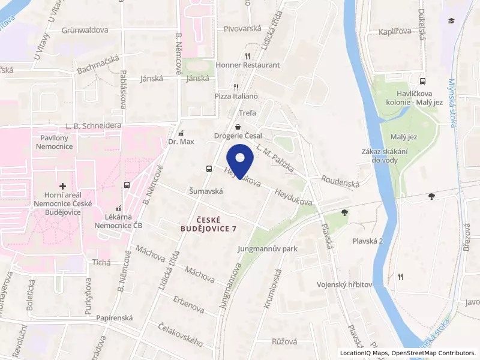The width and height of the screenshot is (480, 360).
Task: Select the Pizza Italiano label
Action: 236,96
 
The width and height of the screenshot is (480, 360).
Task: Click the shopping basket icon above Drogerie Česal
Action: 239,127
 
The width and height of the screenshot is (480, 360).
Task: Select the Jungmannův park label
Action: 268,248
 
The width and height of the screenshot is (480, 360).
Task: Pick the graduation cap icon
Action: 451,21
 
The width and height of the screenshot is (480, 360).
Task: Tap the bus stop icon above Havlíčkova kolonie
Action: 422,82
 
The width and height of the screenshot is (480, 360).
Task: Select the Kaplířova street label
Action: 395,32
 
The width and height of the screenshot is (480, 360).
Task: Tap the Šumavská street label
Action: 206,191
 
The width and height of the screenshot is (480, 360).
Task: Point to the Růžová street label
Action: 284,341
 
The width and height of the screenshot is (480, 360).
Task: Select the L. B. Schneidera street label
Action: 94,125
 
